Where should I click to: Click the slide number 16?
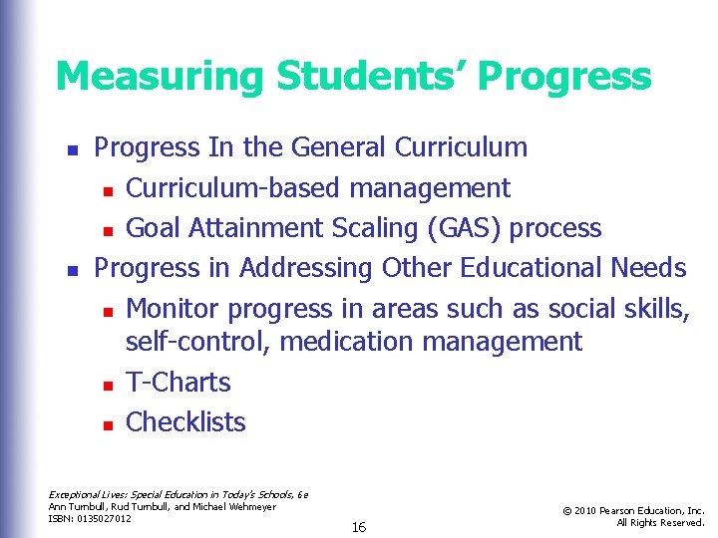(x=359, y=527)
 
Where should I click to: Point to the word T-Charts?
(x=179, y=383)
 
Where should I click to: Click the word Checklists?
(x=185, y=422)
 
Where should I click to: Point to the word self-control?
(x=198, y=343)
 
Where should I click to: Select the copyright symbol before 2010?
(x=566, y=511)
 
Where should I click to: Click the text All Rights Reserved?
(x=660, y=523)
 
